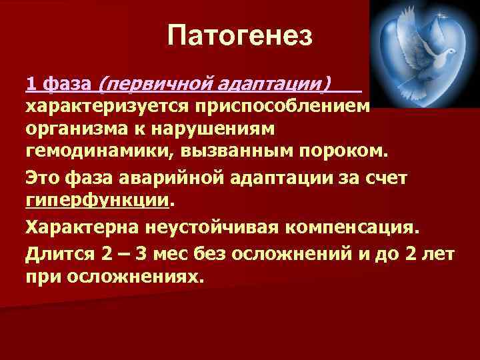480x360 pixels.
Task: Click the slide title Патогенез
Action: tap(240, 35)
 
